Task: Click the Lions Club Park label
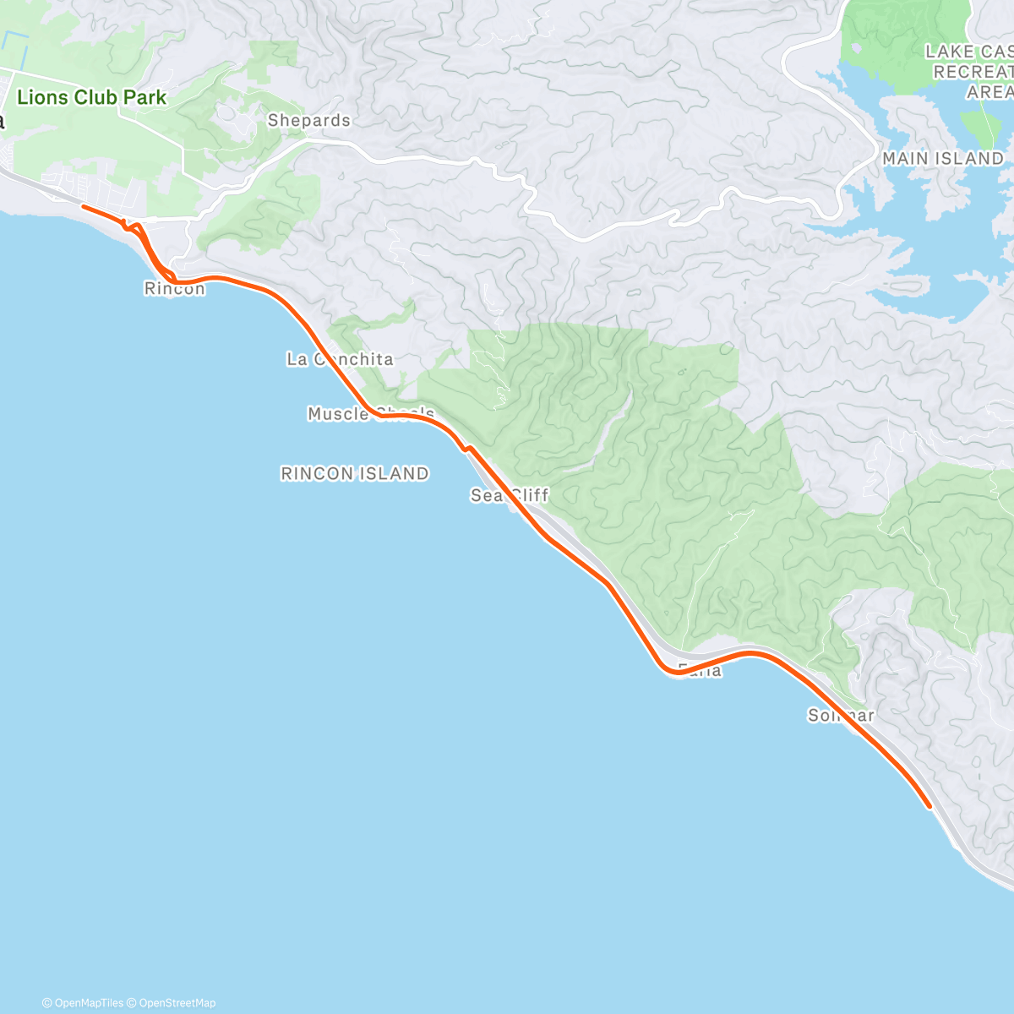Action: pyautogui.click(x=91, y=97)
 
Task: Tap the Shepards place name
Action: pyautogui.click(x=308, y=121)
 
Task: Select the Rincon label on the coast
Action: pyautogui.click(x=174, y=289)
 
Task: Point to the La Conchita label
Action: pyautogui.click(x=340, y=359)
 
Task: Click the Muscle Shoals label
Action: pyautogui.click(x=370, y=413)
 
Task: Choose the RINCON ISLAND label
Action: pyautogui.click(x=354, y=474)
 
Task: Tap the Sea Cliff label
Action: pyautogui.click(x=510, y=495)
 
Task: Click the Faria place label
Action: pyautogui.click(x=700, y=671)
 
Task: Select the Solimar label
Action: pyautogui.click(x=840, y=716)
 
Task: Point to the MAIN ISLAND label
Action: pyautogui.click(x=942, y=159)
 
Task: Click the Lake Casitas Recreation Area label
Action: pyautogui.click(x=972, y=72)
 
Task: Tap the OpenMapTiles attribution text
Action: pyautogui.click(x=83, y=1003)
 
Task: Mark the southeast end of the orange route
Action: pyautogui.click(x=929, y=806)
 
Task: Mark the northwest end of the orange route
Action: pyautogui.click(x=83, y=205)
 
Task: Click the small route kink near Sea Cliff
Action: pyautogui.click(x=466, y=448)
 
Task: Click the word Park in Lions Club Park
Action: pyautogui.click(x=144, y=97)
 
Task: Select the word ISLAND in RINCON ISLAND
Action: pyautogui.click(x=393, y=474)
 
